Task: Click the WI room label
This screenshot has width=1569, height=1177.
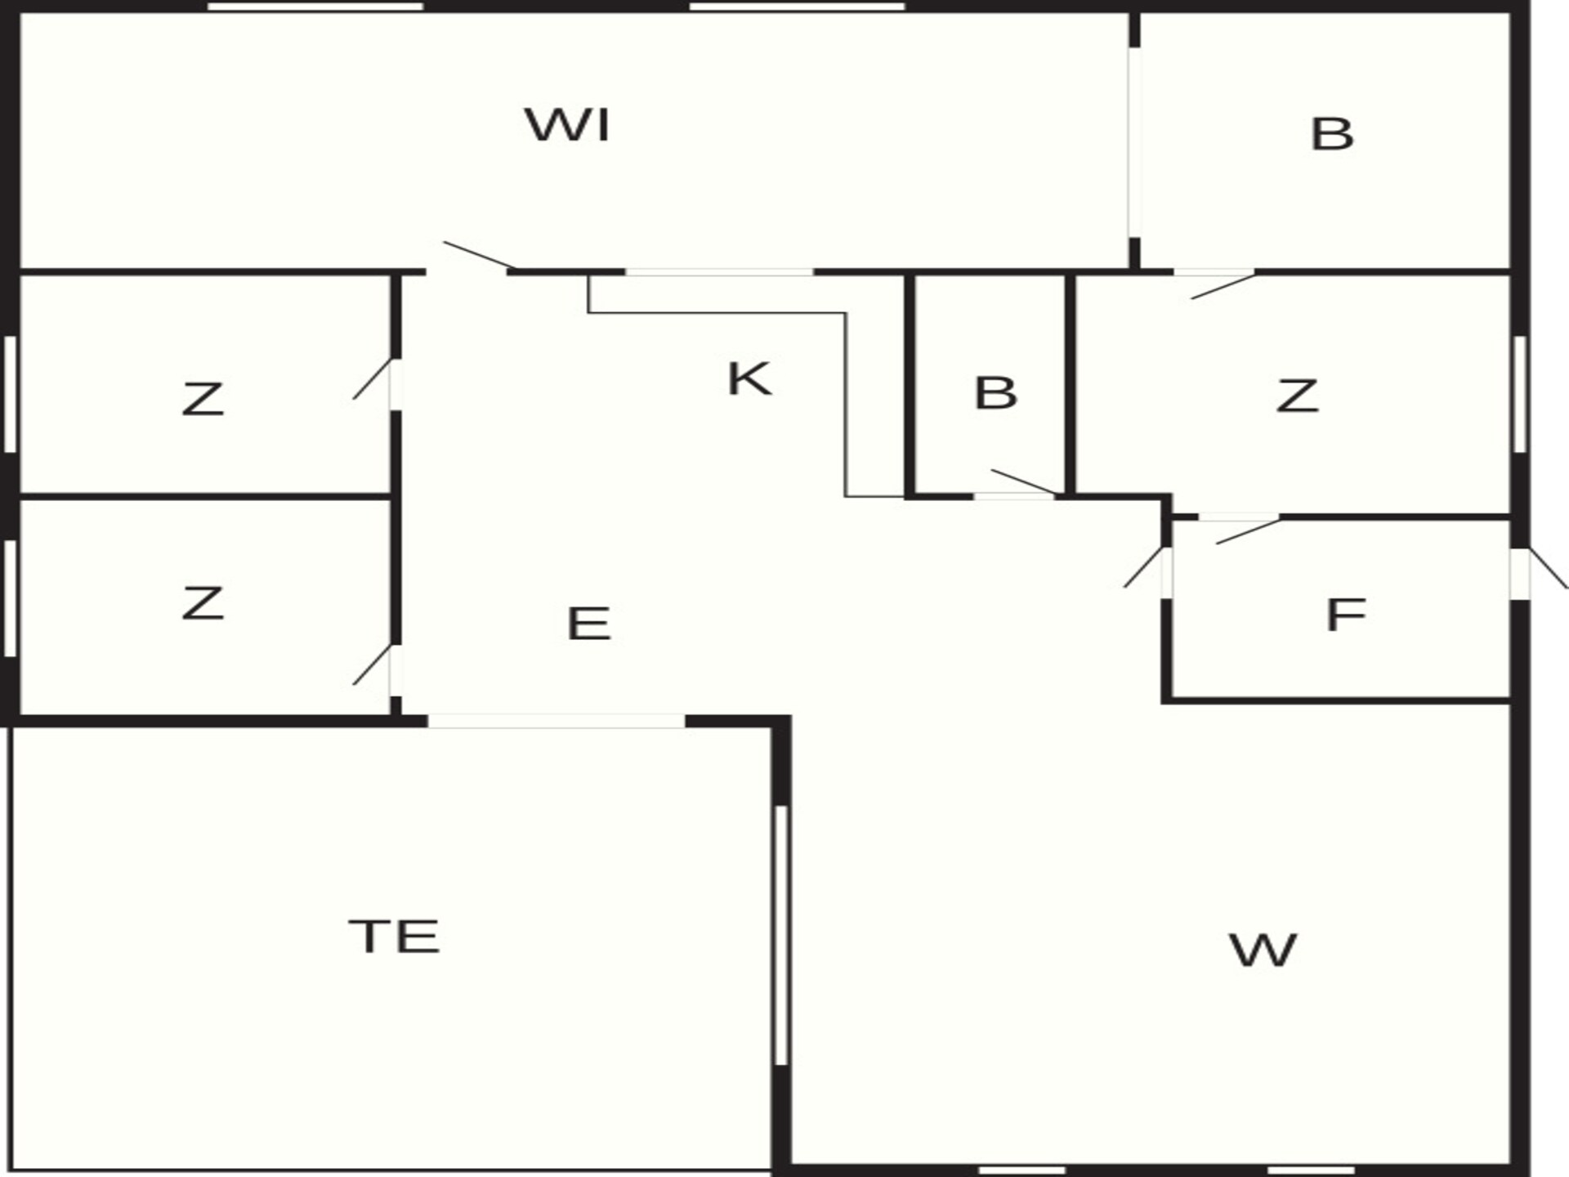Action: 568,125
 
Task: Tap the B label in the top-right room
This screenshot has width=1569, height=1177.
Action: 1332,134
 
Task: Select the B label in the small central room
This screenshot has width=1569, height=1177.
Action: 996,393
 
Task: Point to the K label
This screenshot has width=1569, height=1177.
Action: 749,379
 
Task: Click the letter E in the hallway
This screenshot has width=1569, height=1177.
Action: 588,624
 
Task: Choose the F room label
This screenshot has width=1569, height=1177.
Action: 1346,615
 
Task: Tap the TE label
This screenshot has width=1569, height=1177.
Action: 395,937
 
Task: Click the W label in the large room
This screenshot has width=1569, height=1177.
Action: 1263,951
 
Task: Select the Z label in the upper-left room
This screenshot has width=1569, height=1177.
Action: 203,399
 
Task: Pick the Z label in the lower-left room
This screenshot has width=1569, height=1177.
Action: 203,603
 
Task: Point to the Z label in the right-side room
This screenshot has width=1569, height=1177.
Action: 1297,396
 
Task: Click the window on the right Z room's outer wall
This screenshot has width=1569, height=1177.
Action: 1519,394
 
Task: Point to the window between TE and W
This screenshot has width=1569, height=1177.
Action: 780,935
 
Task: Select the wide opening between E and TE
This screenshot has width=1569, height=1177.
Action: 557,721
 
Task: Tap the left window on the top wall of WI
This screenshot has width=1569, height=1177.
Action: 315,7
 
